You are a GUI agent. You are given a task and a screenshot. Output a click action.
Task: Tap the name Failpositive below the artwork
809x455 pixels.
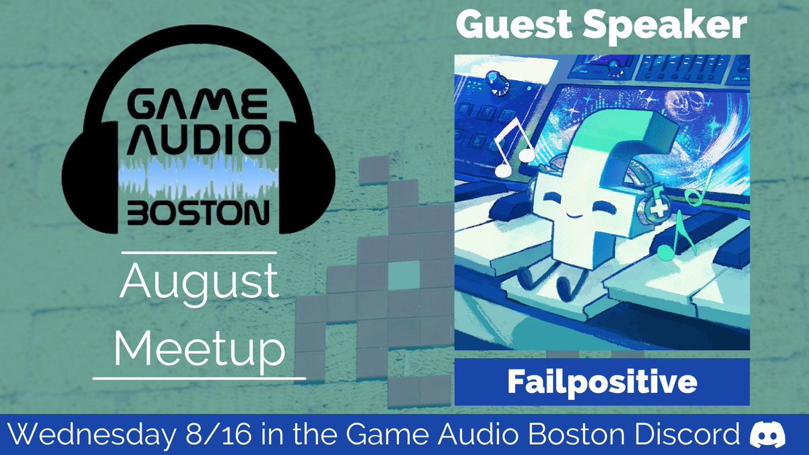[601, 382]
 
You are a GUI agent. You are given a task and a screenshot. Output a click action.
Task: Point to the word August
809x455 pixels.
[199, 284]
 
